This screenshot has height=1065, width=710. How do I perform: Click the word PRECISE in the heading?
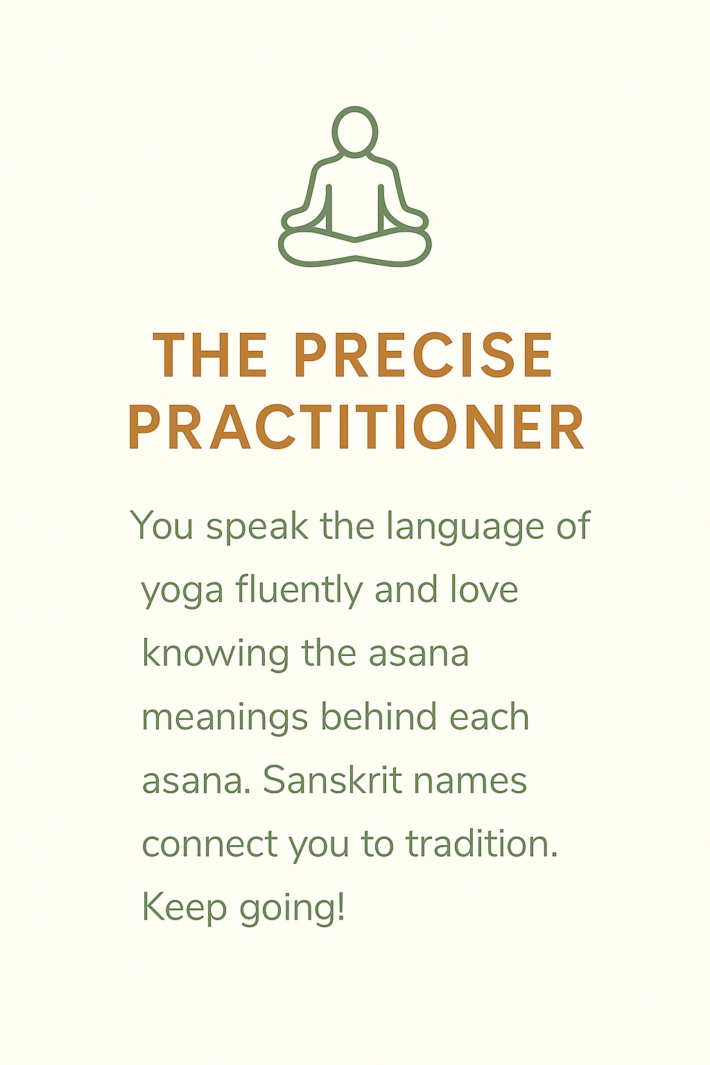point(424,355)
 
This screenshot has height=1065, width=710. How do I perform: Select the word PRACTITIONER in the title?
point(356,426)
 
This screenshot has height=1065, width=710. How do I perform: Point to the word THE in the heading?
point(209,355)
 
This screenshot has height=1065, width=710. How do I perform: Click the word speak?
point(257,527)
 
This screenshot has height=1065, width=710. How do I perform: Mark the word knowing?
point(216,655)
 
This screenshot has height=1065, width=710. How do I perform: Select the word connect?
point(210,847)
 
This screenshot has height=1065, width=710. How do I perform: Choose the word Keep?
point(184,910)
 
